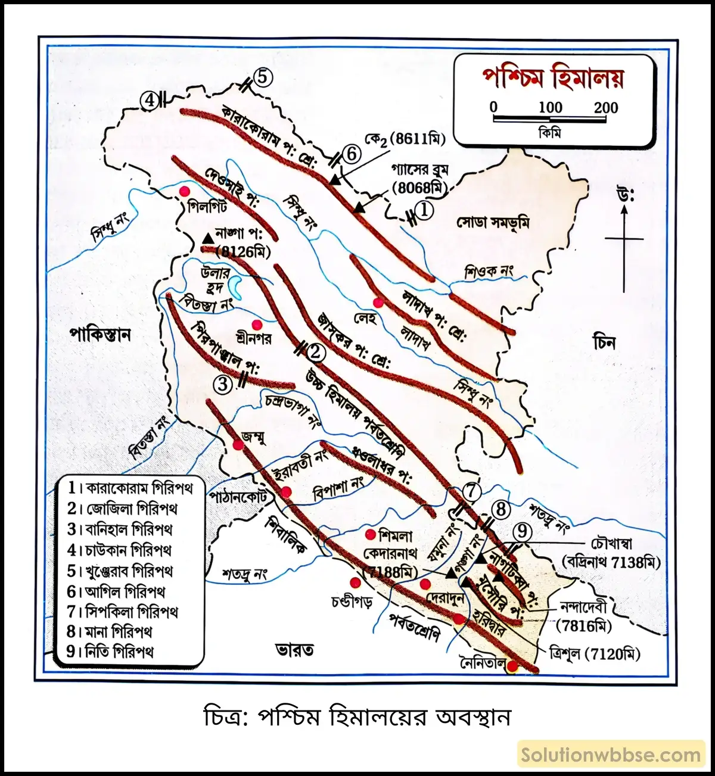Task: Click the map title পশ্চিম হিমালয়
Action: [553, 79]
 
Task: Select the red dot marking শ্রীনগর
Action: [257, 325]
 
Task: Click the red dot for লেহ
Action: [378, 302]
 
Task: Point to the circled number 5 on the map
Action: [262, 77]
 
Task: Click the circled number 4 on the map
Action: [150, 100]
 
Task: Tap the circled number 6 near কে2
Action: [352, 154]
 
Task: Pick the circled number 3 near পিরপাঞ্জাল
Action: [223, 384]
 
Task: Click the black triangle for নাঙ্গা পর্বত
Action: [207, 238]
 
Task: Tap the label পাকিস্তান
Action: [100, 334]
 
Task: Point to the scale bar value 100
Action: [550, 108]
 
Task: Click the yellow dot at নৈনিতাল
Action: [512, 667]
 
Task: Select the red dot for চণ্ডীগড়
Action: [355, 582]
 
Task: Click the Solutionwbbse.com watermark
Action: [611, 755]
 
